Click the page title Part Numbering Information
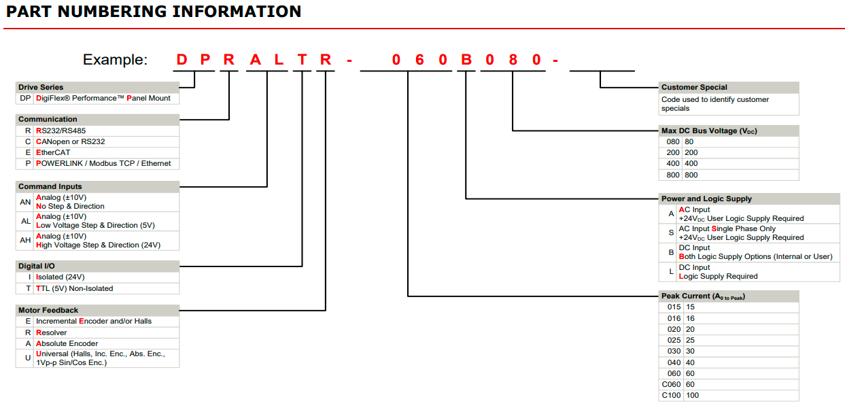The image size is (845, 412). (x=154, y=12)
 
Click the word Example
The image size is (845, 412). (x=115, y=60)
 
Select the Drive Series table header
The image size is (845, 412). (x=41, y=87)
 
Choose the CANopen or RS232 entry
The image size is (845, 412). (x=70, y=141)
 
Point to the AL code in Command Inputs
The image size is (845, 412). (x=25, y=221)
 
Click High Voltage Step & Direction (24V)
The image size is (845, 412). (x=98, y=245)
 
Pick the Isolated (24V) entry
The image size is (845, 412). (x=60, y=277)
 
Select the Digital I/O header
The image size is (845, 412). (x=37, y=266)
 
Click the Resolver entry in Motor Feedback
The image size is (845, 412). (x=51, y=332)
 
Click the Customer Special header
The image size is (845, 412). (x=694, y=87)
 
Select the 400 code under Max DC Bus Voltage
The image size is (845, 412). (x=672, y=163)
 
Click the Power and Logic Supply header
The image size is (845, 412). (x=706, y=199)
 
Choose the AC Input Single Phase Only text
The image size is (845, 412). (x=727, y=228)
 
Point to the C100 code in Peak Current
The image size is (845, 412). (x=671, y=395)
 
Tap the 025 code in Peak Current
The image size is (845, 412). (x=674, y=340)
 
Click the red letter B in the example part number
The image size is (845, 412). (x=466, y=60)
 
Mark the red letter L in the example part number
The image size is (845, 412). (x=279, y=60)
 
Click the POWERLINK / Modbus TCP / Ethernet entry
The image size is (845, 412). (x=103, y=163)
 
